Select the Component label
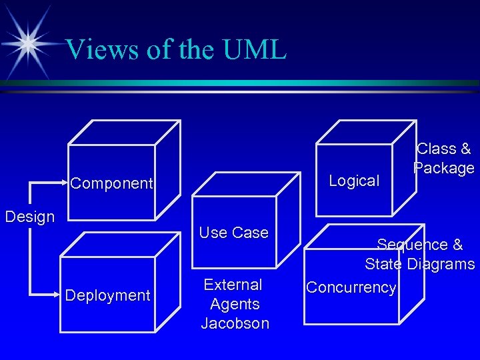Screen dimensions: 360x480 (112, 183)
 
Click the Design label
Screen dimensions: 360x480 (29, 217)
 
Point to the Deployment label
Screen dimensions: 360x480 (107, 295)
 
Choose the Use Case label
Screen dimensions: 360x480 (233, 233)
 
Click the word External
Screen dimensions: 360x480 (233, 285)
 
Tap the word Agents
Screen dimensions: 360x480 (235, 305)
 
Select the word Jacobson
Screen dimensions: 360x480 (235, 324)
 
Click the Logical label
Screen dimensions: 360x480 (354, 181)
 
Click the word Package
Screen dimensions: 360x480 (444, 167)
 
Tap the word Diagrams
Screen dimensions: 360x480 (440, 264)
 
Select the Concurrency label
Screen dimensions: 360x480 (351, 287)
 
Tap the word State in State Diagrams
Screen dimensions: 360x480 (384, 264)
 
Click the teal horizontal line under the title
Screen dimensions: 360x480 (240, 83)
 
